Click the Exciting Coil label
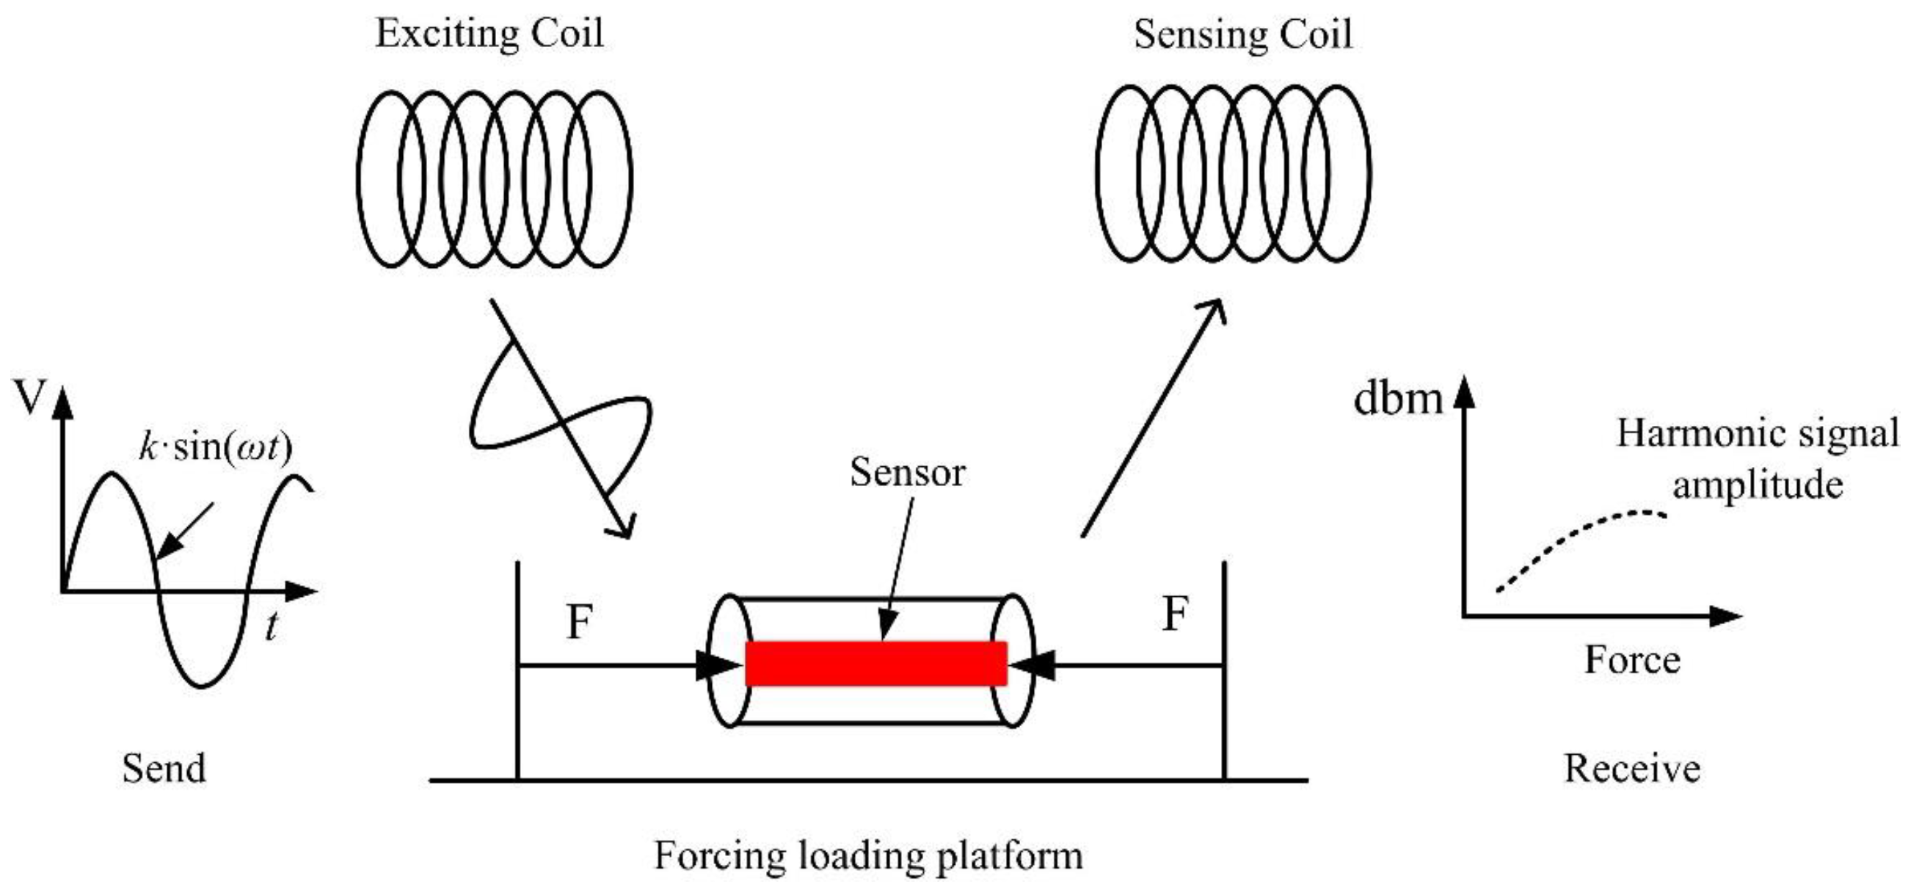pos(489,34)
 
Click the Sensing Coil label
pos(1243,34)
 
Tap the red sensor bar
pos(875,663)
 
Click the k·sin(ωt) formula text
pos(216,446)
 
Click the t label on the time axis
pos(272,628)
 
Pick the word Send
pos(164,769)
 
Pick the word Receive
pos(1632,769)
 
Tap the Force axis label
pos(1632,660)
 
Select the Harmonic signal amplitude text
pos(1757,460)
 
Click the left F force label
pos(579,623)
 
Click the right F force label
pos(1176,615)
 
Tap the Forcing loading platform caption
pos(868,857)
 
